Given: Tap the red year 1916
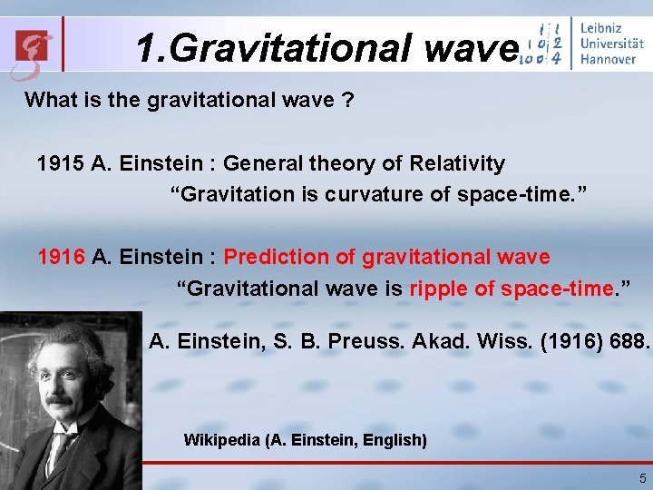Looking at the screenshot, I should coord(61,258).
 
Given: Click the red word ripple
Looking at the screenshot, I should coord(439,289).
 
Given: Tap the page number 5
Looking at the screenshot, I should coord(642,478).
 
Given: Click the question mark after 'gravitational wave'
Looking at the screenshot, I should coord(347,100).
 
